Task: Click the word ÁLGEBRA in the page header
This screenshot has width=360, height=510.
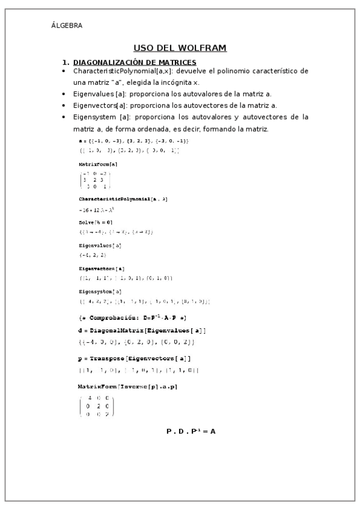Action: click(x=67, y=25)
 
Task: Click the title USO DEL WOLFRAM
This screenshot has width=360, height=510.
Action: click(x=180, y=48)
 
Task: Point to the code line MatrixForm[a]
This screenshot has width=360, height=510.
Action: click(x=98, y=164)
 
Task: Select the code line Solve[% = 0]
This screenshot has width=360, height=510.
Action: click(x=95, y=222)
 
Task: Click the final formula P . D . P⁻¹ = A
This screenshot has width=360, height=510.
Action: click(x=191, y=431)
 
